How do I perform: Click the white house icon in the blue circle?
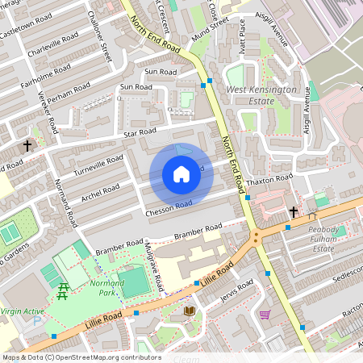181,174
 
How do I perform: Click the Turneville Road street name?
96,167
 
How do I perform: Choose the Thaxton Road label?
269,179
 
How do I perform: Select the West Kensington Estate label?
261,96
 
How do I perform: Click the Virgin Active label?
22,311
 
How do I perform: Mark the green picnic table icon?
63,292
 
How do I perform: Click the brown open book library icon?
190,311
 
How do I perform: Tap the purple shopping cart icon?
265,315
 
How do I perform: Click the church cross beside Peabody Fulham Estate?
293,212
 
